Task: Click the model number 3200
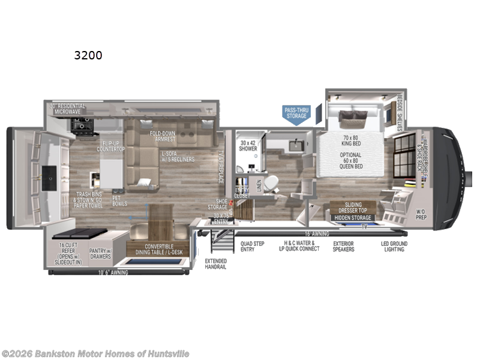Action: [x=88, y=56]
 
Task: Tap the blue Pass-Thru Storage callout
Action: [x=296, y=113]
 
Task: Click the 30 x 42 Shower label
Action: [x=248, y=146]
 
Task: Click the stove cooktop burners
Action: [x=81, y=124]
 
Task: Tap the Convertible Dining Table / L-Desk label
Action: [x=157, y=248]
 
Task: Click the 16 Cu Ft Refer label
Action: [x=70, y=253]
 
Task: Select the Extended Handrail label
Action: [x=216, y=264]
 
